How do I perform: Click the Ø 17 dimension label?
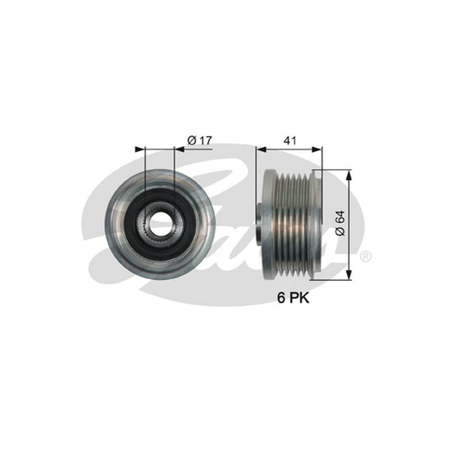[200, 141]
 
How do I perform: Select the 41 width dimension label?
[290, 141]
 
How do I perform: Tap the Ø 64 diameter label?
[341, 223]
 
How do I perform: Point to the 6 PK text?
[293, 298]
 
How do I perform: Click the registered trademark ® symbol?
[366, 256]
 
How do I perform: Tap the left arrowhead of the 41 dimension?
[261, 149]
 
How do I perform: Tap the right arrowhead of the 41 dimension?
[317, 149]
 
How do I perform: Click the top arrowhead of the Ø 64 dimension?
[349, 175]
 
